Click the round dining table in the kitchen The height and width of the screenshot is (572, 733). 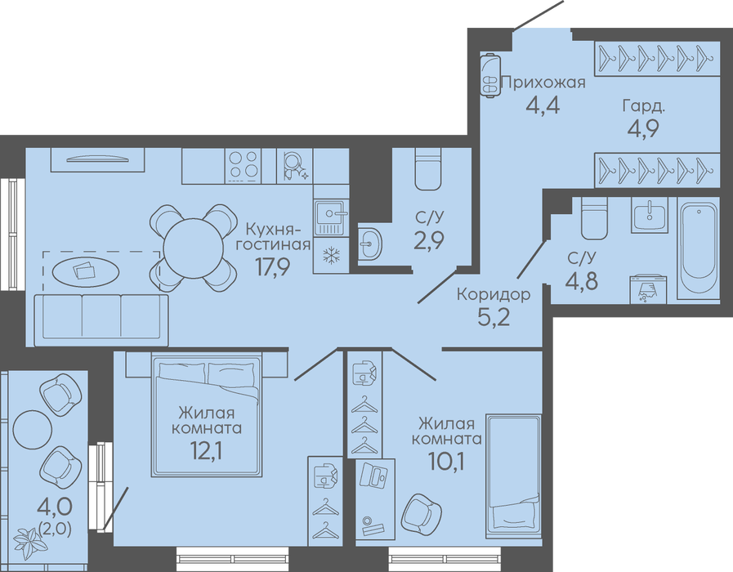click(193, 248)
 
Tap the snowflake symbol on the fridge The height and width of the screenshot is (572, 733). click(332, 255)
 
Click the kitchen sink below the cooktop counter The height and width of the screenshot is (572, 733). click(331, 217)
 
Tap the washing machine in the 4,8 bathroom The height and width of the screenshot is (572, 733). click(648, 289)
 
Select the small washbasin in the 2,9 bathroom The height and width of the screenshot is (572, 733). click(370, 243)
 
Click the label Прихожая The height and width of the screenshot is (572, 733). click(543, 83)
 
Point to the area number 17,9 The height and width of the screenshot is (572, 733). click(273, 267)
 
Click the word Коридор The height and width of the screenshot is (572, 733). click(494, 294)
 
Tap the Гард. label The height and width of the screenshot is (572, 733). click(643, 107)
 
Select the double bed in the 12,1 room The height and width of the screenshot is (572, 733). click(206, 417)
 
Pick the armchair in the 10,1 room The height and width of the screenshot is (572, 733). click(421, 514)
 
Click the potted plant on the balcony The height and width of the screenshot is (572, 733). click(30, 541)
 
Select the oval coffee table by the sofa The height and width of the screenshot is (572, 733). click(85, 270)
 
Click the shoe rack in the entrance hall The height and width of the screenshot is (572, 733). click(490, 75)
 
